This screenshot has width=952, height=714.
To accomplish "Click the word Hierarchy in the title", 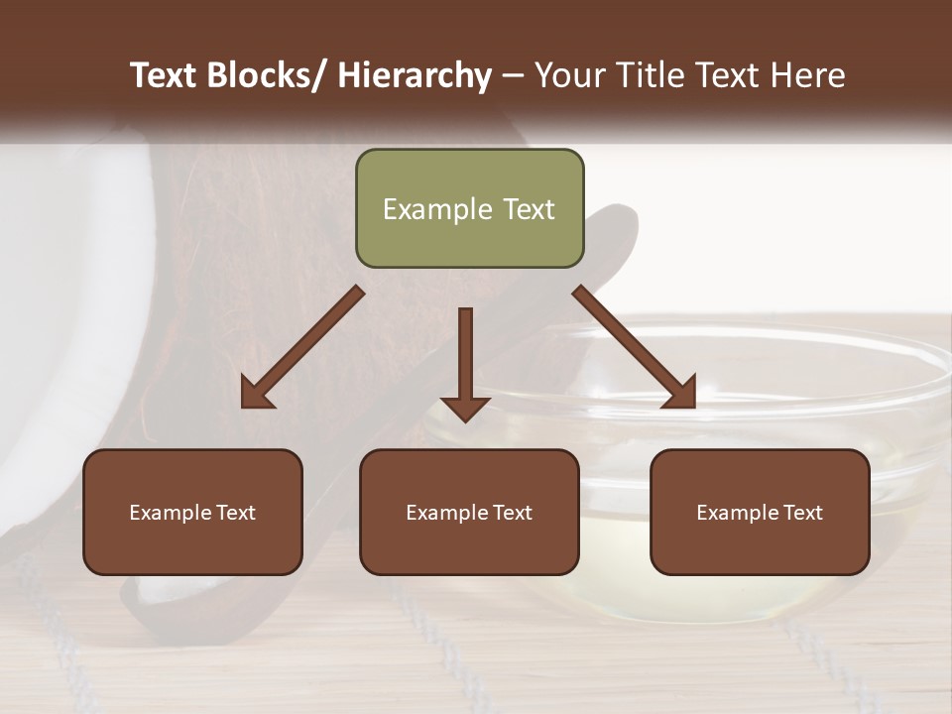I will coord(415,75).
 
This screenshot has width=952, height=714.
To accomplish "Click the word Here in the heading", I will coord(808,75).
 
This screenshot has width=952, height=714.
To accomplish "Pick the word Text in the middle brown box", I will coord(512,513).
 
